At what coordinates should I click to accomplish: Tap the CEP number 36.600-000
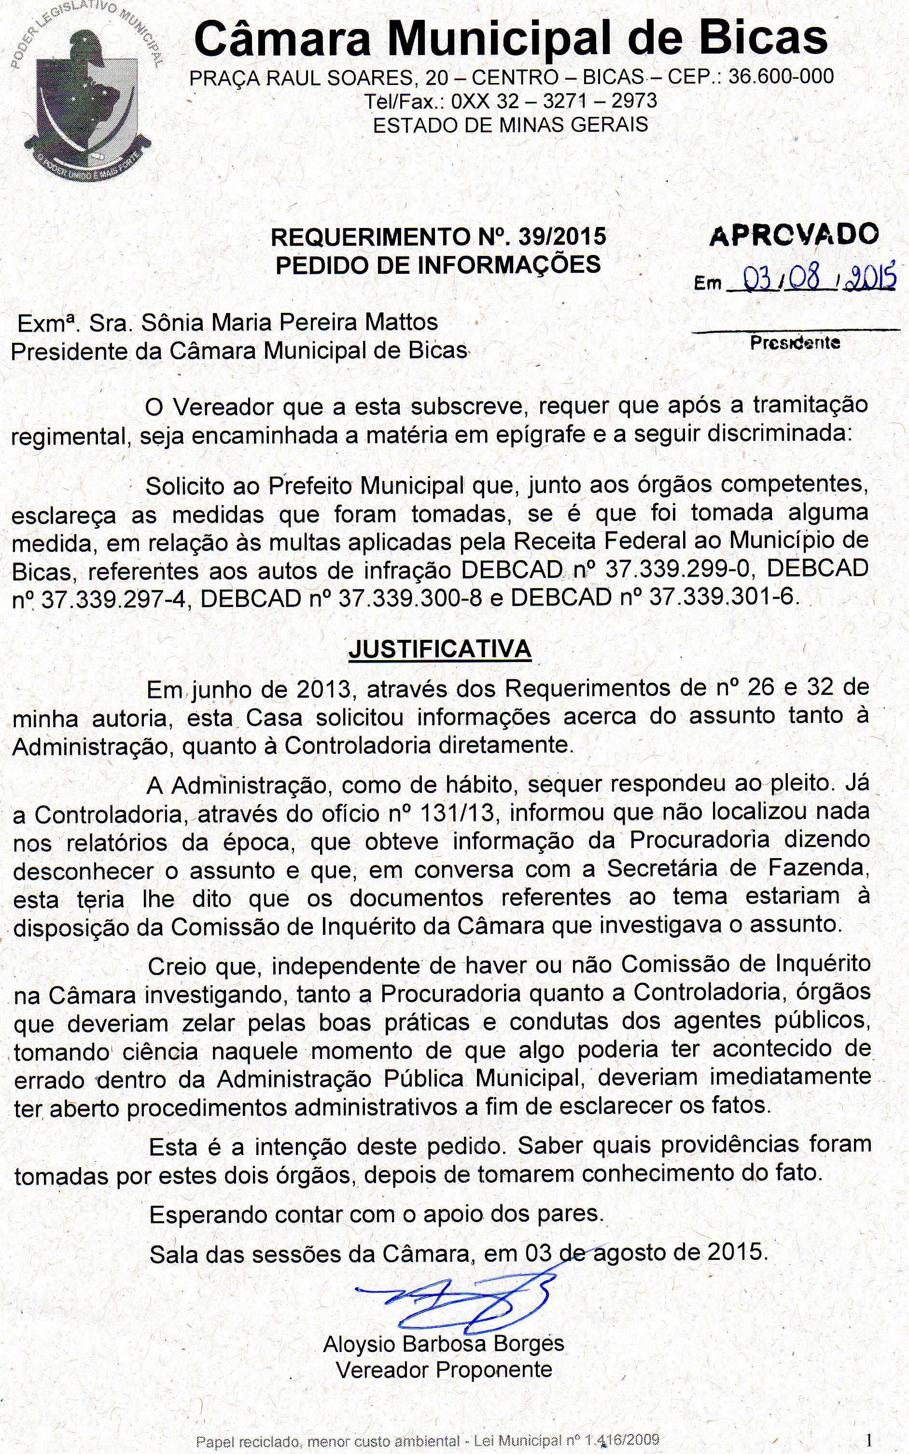780,76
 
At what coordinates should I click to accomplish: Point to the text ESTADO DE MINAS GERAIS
510,125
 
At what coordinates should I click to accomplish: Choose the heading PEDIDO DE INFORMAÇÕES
438,265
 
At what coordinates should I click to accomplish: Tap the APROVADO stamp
794,235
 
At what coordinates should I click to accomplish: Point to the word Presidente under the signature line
795,343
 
